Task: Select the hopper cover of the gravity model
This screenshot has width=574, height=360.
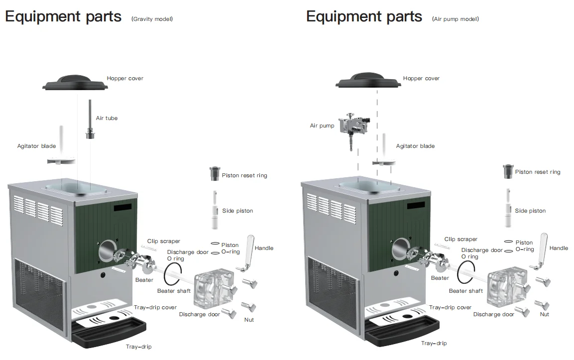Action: click(x=75, y=83)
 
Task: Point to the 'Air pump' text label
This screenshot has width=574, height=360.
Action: click(x=322, y=126)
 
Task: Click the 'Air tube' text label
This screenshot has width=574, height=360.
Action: click(x=107, y=118)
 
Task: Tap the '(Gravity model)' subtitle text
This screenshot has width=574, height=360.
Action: click(x=152, y=19)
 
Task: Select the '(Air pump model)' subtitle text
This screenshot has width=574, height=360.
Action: click(x=455, y=19)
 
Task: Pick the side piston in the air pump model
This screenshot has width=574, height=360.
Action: click(x=508, y=209)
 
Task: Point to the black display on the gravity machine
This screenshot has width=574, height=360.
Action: click(x=122, y=206)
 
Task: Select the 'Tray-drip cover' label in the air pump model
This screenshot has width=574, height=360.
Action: click(x=450, y=307)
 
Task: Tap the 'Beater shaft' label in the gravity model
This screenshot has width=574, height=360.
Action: click(x=174, y=291)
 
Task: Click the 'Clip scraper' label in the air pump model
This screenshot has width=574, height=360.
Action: click(x=460, y=239)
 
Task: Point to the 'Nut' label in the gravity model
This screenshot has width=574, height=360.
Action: click(x=249, y=319)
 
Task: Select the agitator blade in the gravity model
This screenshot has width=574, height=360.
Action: click(x=61, y=160)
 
